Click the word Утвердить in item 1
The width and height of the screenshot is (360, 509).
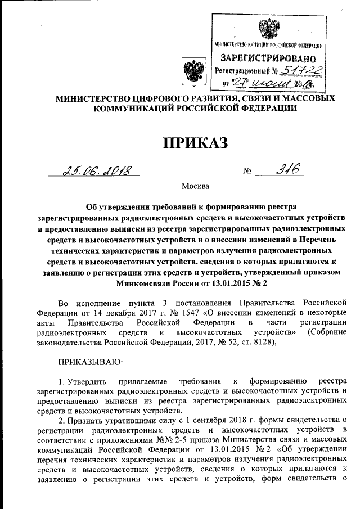click(x=91, y=381)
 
